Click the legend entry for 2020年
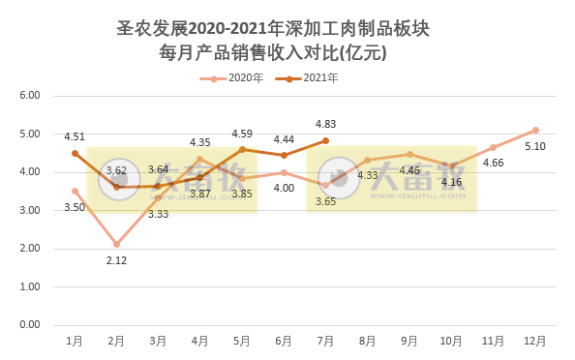[x=231, y=77]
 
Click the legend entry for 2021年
[x=307, y=77]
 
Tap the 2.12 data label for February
[x=116, y=259]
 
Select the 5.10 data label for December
[x=535, y=147]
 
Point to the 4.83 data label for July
[x=325, y=124]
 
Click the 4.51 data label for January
[x=75, y=136]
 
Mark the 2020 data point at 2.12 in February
[x=116, y=244]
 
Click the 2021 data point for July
[x=325, y=140]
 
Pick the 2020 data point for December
[x=535, y=130]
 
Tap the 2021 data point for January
[x=75, y=153]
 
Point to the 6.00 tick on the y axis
[x=29, y=96]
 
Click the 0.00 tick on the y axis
[x=29, y=325]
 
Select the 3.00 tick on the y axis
[x=29, y=210]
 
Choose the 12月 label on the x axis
[x=535, y=341]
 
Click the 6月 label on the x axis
[x=284, y=341]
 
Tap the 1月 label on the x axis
[x=75, y=341]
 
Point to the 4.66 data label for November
[x=493, y=163]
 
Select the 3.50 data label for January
[x=75, y=207]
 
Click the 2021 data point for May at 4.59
[x=242, y=149]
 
